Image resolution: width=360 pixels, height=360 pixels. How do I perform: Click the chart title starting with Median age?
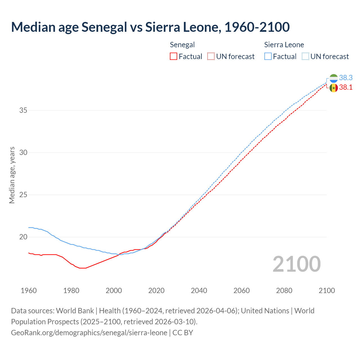[150, 27]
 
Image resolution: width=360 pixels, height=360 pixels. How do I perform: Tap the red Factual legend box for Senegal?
[174, 56]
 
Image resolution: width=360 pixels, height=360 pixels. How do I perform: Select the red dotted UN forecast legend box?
[211, 56]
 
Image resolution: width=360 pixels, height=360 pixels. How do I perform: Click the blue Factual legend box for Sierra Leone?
[268, 56]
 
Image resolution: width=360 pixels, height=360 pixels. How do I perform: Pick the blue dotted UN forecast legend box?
[305, 56]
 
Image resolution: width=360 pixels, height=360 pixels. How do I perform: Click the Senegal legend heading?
[182, 45]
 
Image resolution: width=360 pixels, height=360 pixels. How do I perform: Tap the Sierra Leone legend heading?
[284, 45]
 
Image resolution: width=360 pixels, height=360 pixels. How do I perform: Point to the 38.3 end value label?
[346, 78]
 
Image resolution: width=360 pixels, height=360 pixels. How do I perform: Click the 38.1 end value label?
[346, 87]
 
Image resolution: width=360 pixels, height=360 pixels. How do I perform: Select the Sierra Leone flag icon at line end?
[334, 78]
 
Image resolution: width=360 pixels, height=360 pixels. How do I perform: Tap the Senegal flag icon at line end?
[334, 88]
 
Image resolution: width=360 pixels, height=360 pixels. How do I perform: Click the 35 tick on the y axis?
[23, 110]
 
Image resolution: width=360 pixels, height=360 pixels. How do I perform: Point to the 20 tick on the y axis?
[23, 237]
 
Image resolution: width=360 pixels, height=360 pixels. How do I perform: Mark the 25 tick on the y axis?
[23, 195]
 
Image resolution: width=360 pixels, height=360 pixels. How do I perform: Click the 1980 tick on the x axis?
[71, 291]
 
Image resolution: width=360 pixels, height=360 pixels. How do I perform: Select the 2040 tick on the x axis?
[199, 291]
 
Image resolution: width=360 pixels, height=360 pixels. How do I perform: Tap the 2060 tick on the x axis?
[242, 291]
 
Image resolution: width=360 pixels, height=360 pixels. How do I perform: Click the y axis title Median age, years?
[12, 175]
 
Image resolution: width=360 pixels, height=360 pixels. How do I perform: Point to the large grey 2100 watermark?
[296, 264]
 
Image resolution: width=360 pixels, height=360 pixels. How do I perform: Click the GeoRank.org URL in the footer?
[89, 333]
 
